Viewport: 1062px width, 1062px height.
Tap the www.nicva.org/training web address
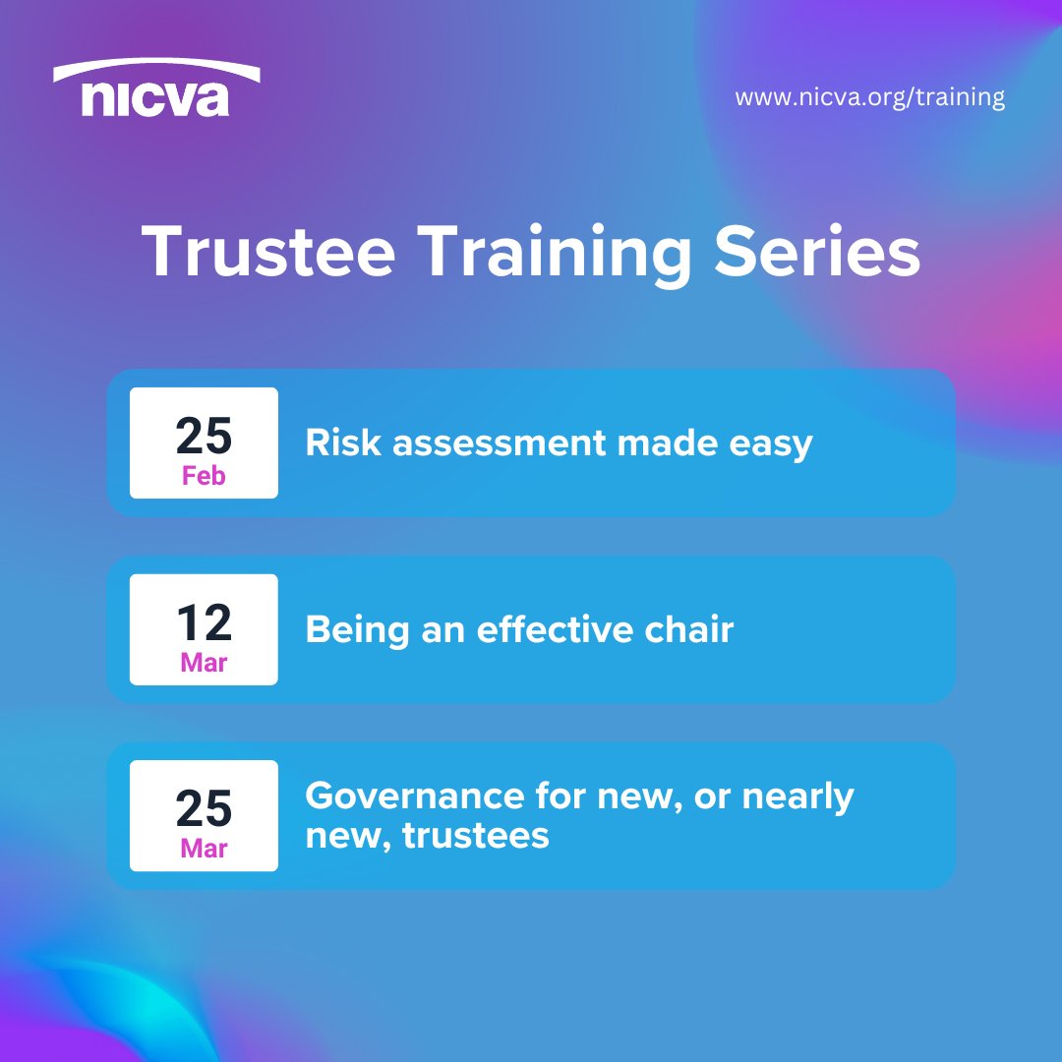869,98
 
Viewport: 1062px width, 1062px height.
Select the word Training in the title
554,255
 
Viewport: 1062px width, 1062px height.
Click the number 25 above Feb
204,434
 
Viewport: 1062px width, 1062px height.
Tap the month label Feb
204,477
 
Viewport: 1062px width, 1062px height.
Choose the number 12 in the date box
204,621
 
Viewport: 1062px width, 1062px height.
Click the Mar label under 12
204,664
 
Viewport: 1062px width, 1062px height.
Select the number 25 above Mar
204,807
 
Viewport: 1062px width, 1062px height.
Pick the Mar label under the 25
204,849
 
